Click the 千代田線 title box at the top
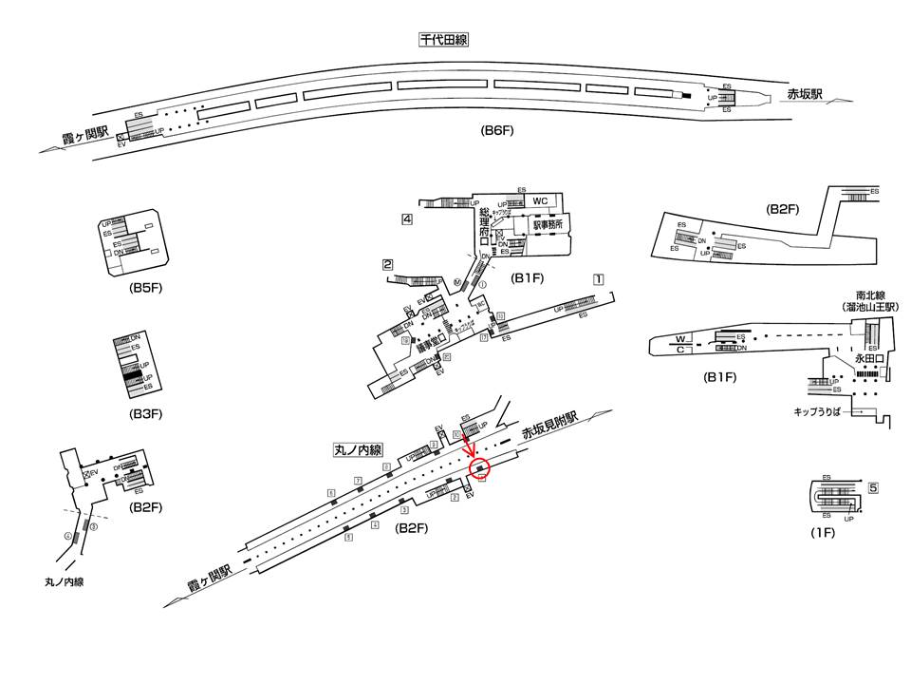pyautogui.click(x=444, y=40)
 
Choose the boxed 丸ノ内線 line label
pyautogui.click(x=357, y=449)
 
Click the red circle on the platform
pyautogui.click(x=482, y=468)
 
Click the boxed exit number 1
pyautogui.click(x=598, y=279)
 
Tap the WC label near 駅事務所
pyautogui.click(x=540, y=201)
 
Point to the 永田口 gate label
pyautogui.click(x=868, y=360)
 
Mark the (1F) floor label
pyautogui.click(x=821, y=533)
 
